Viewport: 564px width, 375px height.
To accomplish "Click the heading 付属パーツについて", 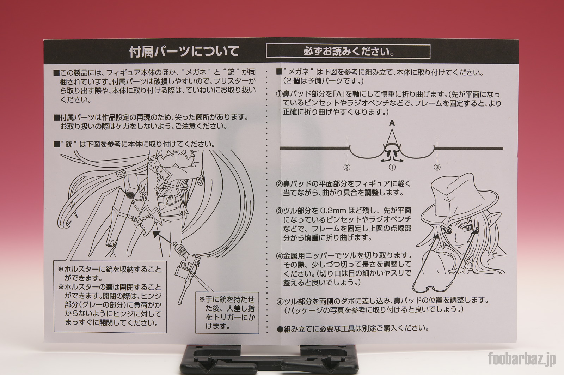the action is point(184,52).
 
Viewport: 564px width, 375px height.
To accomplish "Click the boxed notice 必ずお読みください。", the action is point(348,52).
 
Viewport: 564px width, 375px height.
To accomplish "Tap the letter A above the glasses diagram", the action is point(392,123).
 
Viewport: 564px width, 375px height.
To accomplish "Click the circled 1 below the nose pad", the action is point(392,167).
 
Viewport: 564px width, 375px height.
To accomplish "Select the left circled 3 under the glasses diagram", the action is point(347,167).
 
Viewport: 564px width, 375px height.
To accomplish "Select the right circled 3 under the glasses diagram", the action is point(437,167).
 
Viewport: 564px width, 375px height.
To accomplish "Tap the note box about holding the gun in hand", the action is point(227,313).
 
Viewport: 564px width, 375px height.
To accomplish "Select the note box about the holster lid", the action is point(110,296).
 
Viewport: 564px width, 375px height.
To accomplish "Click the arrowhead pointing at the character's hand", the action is point(157,234).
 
